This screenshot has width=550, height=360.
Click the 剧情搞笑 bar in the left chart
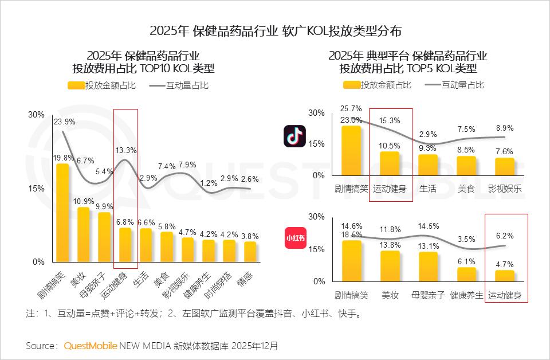coord(62,213)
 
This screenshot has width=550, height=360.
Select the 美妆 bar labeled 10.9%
coord(84,234)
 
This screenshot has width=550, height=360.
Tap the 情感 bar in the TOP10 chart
coord(250,252)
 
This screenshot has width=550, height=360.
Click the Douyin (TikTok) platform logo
coord(295,136)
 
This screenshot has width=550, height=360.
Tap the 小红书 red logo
coord(295,238)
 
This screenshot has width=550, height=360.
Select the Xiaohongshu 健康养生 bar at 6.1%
coord(466,275)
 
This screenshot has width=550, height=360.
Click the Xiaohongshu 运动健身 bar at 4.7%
coord(505,276)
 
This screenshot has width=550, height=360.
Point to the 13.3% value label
coord(125,151)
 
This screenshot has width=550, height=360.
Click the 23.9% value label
coord(65,122)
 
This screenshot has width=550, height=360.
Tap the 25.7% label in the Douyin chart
coord(351,108)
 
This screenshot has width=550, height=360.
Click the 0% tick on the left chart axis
coord(38,262)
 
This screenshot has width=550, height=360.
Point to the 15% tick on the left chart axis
coord(36,188)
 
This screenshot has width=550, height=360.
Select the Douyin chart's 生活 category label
coord(427,189)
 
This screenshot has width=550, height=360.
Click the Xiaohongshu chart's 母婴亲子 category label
coord(428,296)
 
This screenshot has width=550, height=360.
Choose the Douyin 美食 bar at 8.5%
coord(466,165)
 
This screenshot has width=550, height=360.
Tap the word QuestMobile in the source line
coord(91,346)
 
